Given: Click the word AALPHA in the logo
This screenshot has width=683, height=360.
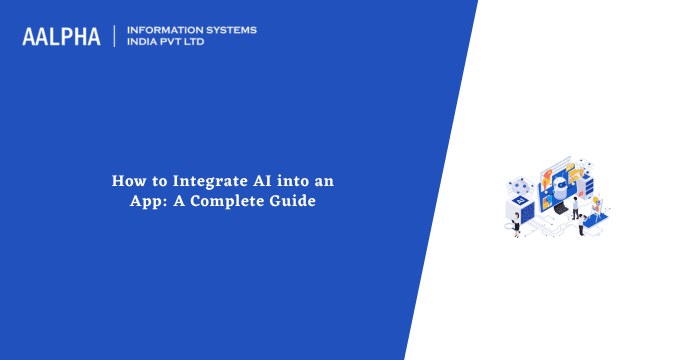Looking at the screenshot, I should coord(61,37).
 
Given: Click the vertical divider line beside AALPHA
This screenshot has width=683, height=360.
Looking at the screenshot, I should coord(115,36).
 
